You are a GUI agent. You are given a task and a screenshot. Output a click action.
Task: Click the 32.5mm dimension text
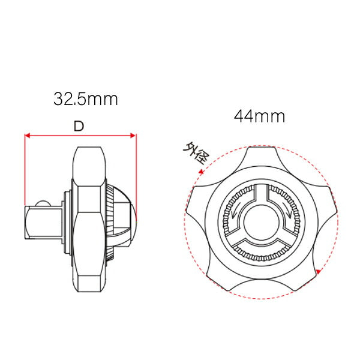[x=85, y=99]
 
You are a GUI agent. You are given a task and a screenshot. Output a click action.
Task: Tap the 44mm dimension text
[x=259, y=115]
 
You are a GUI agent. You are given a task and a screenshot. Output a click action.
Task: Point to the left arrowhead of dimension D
[x=28, y=136]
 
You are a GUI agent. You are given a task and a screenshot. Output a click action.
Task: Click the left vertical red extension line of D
[x=25, y=171]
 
